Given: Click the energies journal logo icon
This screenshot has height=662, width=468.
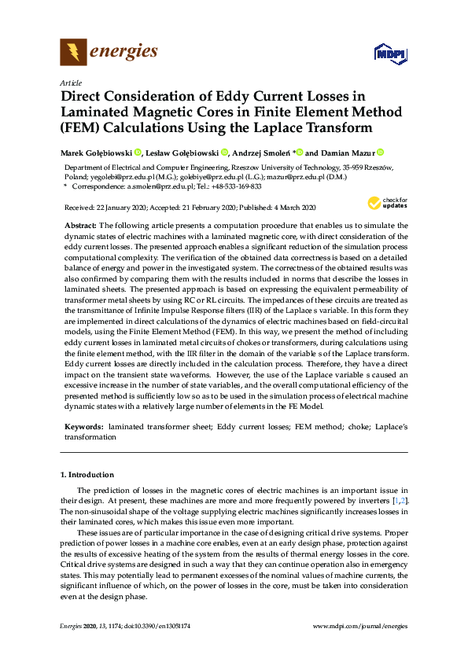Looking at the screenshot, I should pyautogui.click(x=73, y=53).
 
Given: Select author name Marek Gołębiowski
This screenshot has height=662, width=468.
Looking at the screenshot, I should pyautogui.click(x=96, y=153).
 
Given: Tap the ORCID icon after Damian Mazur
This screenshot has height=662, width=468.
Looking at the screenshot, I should pyautogui.click(x=381, y=153).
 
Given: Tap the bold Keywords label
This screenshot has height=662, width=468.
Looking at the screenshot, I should pyautogui.click(x=83, y=425).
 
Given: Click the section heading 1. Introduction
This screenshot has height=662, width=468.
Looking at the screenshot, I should pyautogui.click(x=87, y=475).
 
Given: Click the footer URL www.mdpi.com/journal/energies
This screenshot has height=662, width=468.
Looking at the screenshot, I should pyautogui.click(x=360, y=626).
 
